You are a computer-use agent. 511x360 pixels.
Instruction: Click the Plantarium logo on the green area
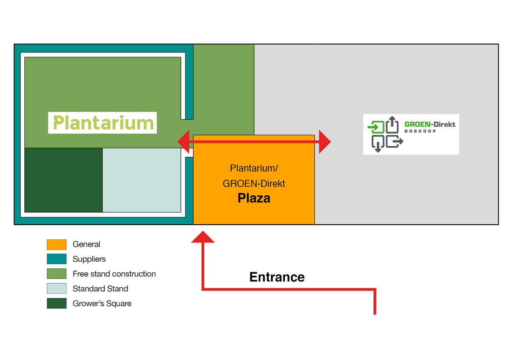(103, 123)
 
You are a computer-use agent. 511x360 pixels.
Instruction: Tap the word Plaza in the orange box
(254, 198)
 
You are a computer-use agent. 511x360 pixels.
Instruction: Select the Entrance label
(277, 277)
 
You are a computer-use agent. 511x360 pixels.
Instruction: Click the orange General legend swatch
(57, 245)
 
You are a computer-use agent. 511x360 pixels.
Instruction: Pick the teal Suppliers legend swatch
(57, 259)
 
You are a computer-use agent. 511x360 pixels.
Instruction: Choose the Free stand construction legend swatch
(57, 274)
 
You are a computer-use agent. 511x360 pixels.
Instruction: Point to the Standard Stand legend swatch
(57, 289)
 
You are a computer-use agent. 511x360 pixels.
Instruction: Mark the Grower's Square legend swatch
(57, 303)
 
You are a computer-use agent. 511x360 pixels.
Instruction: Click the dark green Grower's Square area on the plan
(63, 180)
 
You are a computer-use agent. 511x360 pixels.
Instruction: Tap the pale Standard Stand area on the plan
(142, 180)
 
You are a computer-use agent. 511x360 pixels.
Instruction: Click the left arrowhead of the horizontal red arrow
(184, 142)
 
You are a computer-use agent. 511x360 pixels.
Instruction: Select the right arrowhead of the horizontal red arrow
(325, 142)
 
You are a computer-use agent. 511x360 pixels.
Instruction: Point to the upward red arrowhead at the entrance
(203, 237)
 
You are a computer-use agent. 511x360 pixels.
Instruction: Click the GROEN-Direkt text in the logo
(430, 125)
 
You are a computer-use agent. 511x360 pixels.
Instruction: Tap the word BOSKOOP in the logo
(420, 131)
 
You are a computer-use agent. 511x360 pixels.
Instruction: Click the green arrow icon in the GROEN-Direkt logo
(376, 127)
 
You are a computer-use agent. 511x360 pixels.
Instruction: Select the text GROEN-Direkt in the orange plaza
(254, 183)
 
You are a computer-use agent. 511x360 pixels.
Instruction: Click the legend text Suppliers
(89, 259)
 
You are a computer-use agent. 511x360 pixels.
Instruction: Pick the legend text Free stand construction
(114, 274)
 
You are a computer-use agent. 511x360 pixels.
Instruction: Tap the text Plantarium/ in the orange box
(254, 168)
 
